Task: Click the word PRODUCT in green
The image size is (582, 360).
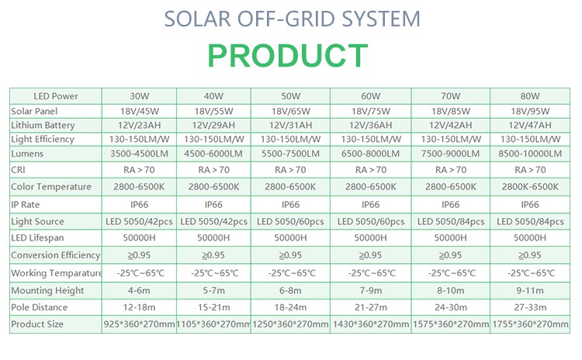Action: (x=288, y=56)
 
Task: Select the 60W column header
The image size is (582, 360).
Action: (x=370, y=96)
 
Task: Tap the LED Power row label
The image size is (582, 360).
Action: (x=56, y=96)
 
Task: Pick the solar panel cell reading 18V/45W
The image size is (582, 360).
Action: (x=139, y=111)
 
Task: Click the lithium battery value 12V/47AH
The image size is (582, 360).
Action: (x=530, y=125)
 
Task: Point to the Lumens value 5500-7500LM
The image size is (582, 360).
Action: (x=290, y=154)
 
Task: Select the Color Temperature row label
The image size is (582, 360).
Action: (x=51, y=187)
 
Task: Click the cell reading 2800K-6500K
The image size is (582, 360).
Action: (x=530, y=187)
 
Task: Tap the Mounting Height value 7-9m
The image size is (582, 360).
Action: (x=370, y=291)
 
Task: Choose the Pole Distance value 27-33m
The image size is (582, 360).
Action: (x=530, y=307)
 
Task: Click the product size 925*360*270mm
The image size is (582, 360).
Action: (x=139, y=324)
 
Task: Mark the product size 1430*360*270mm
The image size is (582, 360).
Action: (x=371, y=324)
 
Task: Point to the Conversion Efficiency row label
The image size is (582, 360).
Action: (x=56, y=255)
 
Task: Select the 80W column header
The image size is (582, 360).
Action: (x=530, y=96)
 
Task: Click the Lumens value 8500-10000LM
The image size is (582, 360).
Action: (x=530, y=154)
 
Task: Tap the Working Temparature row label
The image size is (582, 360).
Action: (x=57, y=273)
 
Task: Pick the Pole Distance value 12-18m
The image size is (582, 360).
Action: (x=139, y=307)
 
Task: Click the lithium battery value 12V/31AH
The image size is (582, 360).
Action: (x=290, y=125)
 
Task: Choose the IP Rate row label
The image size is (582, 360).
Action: (x=26, y=205)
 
